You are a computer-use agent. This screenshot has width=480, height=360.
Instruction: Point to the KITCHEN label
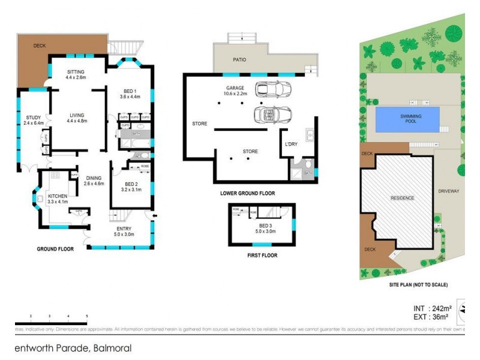click(58, 196)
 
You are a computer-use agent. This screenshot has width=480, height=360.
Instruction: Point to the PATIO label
click(239, 60)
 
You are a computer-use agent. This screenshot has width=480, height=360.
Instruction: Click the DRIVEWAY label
click(448, 191)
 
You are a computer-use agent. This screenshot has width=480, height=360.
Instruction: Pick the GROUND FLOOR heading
click(55, 249)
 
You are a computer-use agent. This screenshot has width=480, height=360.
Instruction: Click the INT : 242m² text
click(427, 308)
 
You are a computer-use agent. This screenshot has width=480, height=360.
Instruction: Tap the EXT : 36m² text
click(427, 317)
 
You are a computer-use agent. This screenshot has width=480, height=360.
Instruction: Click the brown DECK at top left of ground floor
click(33, 57)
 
